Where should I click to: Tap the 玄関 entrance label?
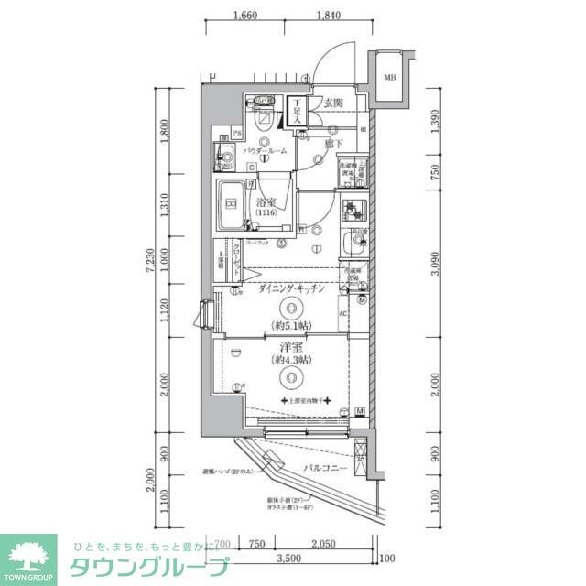(x=331, y=104)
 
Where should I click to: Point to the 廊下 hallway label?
(x=332, y=144)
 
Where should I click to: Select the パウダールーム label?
(x=266, y=151)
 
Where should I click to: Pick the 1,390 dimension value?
(x=437, y=125)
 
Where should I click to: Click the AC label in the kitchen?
(x=343, y=314)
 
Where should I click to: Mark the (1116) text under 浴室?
(x=266, y=213)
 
